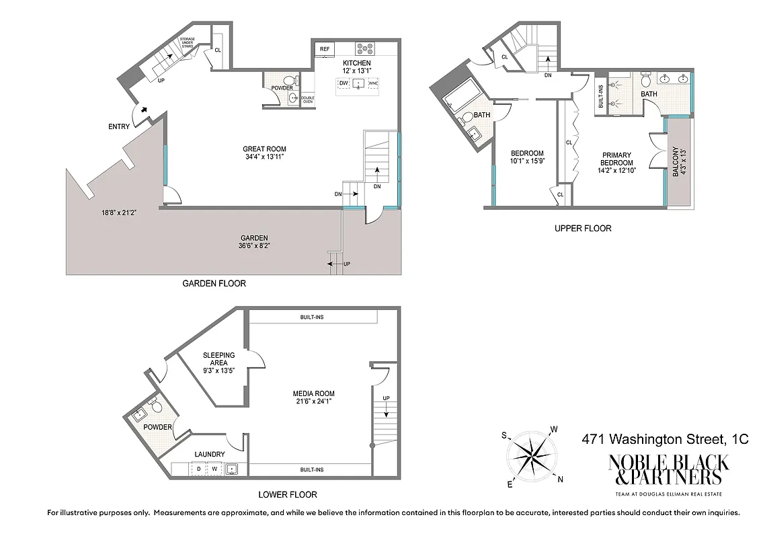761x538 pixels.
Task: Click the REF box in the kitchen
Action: pyautogui.click(x=325, y=48)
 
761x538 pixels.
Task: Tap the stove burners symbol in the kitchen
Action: pyautogui.click(x=365, y=48)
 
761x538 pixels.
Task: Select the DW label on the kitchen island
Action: pyautogui.click(x=344, y=83)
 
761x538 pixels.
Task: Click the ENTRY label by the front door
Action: pyautogui.click(x=118, y=126)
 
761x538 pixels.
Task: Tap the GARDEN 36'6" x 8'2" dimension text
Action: pyautogui.click(x=254, y=242)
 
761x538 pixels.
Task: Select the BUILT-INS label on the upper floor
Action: pyautogui.click(x=600, y=96)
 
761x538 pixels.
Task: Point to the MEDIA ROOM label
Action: pyautogui.click(x=313, y=397)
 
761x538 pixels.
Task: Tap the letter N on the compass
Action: pyautogui.click(x=561, y=479)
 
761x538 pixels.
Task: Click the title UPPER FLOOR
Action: pyautogui.click(x=583, y=229)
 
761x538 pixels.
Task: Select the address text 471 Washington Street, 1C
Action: pyautogui.click(x=664, y=439)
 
